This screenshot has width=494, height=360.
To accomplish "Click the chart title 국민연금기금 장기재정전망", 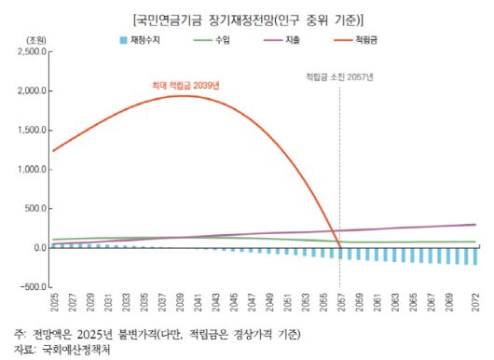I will pos(247,19).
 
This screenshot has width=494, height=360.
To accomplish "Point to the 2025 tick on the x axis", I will pos(56,304).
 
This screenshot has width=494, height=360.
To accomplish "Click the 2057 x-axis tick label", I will pos(339,304).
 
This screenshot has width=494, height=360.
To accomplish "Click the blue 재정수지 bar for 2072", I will pos(473,256).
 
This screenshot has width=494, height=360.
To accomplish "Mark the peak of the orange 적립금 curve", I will pos(182,96).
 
